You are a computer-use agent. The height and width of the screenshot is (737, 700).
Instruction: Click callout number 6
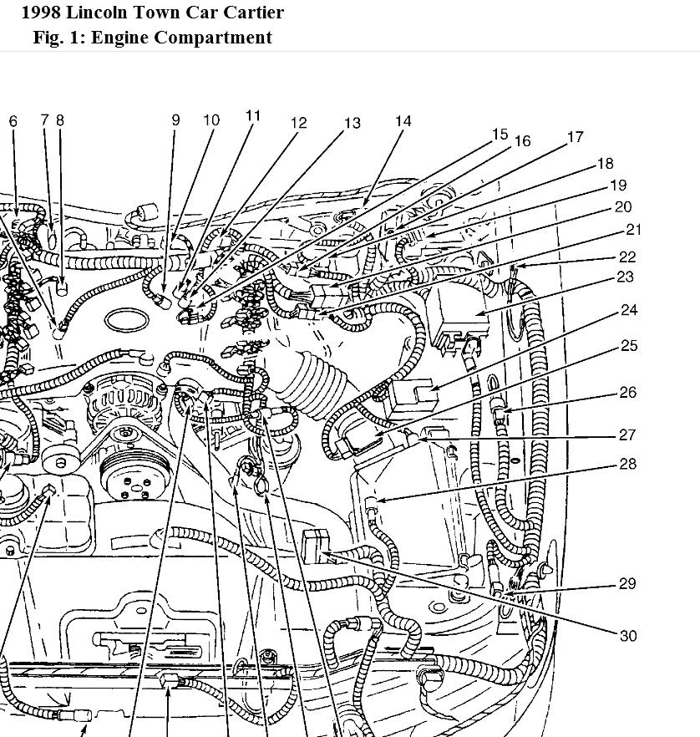tap(13, 121)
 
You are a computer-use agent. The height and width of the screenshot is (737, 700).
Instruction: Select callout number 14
tap(403, 122)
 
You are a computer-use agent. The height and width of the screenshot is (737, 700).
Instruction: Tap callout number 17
tap(575, 137)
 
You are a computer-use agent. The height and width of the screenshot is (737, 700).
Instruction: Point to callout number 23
tap(625, 277)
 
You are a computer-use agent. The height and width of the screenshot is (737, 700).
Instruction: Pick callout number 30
tap(628, 636)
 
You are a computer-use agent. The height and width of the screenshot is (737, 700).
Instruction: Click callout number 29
tap(627, 584)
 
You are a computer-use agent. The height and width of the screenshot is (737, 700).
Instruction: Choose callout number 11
tap(253, 116)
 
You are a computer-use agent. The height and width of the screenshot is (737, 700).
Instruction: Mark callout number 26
tap(627, 392)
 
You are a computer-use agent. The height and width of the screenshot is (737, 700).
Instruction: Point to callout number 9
tap(175, 120)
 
